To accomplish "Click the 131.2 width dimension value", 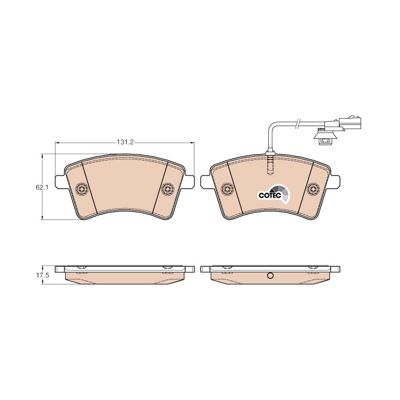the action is [125, 142].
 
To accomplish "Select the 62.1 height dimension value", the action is [42, 188].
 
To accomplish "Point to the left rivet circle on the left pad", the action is [82, 189].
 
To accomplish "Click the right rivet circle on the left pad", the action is [168, 189].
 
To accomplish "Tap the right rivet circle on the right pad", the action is [313, 189].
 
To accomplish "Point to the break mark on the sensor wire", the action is [297, 124].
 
